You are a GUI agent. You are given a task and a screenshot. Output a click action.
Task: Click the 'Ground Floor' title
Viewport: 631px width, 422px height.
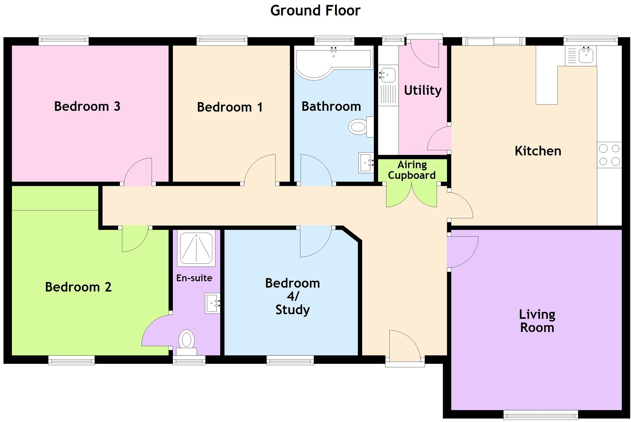(315, 10)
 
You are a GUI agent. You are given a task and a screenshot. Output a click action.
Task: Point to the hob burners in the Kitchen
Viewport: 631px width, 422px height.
(609, 155)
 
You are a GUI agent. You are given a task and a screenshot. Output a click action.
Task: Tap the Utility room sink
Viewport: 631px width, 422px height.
(387, 75)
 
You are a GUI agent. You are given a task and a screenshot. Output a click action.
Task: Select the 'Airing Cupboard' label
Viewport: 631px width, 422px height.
(412, 170)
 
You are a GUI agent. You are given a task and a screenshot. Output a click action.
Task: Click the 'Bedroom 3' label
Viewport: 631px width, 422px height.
(87, 106)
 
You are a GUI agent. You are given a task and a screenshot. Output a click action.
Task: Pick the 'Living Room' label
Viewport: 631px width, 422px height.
(537, 321)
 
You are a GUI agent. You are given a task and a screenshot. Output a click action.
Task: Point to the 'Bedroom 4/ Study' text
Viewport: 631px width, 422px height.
(292, 296)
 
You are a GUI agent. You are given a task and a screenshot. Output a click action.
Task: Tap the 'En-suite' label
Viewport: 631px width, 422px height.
(194, 278)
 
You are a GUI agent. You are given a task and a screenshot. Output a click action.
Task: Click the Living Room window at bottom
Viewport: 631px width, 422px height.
(540, 414)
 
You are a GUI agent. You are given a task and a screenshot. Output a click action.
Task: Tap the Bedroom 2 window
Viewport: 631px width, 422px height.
(71, 360)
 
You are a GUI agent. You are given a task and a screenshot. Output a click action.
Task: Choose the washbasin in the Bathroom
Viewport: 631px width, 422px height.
(366, 163)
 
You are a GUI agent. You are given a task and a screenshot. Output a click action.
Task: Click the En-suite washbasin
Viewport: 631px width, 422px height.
(212, 303)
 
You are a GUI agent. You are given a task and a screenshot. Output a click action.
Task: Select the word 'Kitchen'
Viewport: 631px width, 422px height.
(538, 151)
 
